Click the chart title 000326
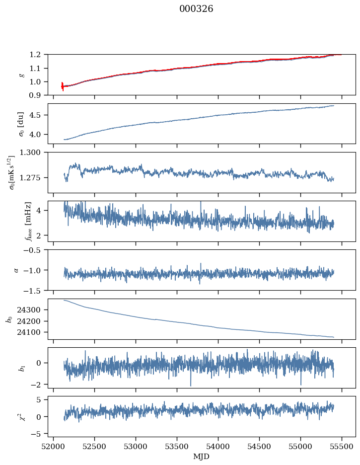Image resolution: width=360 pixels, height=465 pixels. pyautogui.click(x=196, y=9)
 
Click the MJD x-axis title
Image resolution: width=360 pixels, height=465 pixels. pyautogui.click(x=202, y=457)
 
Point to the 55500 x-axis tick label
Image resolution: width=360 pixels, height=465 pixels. pyautogui.click(x=341, y=446)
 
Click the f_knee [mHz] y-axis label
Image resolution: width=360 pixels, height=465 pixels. pyautogui.click(x=29, y=221)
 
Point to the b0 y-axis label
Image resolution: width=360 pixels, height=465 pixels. pyautogui.click(x=9, y=319)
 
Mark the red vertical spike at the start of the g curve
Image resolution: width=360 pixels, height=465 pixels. pyautogui.click(x=62, y=86)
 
